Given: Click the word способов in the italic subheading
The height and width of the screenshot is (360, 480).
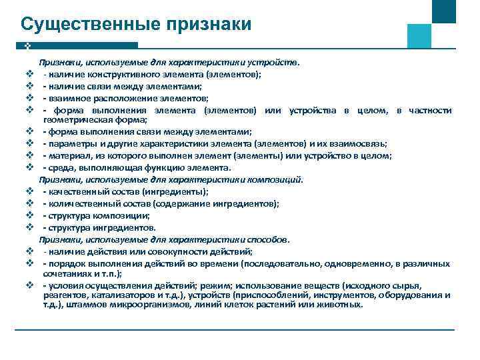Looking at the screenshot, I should (x=267, y=239).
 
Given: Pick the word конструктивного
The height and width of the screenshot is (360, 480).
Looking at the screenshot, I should (x=127, y=75).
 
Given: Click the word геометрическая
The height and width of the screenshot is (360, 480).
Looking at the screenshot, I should (x=75, y=120).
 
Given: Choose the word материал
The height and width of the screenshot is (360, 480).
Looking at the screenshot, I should (x=66, y=155).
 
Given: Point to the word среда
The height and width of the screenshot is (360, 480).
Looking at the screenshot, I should (x=59, y=167).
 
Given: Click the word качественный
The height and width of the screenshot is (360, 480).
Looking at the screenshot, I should (x=74, y=191).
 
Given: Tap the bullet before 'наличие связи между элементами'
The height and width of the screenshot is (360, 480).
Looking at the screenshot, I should (x=30, y=87).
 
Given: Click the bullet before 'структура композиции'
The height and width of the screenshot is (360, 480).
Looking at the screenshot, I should (x=30, y=215).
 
